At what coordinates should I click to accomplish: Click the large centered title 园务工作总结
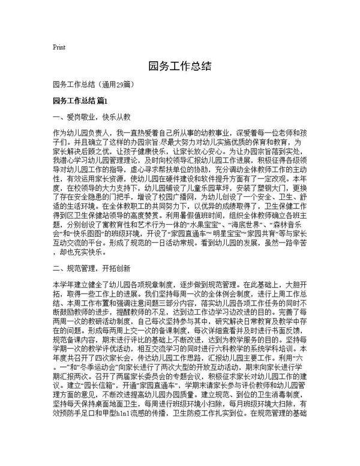(x=179, y=65)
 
